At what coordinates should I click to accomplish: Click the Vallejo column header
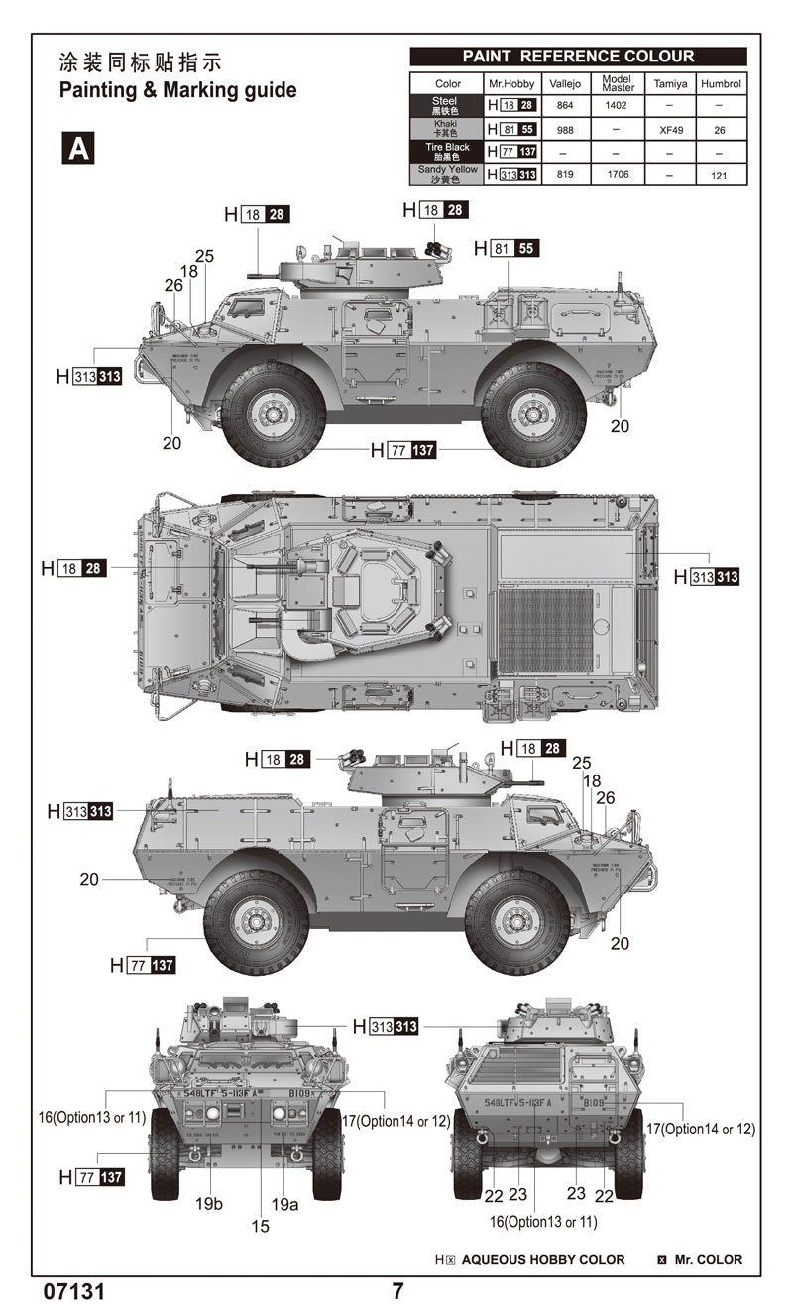click(x=564, y=84)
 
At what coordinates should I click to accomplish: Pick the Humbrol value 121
click(x=721, y=175)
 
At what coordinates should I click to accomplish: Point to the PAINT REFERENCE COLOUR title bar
click(x=578, y=57)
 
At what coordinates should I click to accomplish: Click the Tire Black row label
click(x=447, y=151)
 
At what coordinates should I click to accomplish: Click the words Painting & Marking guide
click(x=177, y=90)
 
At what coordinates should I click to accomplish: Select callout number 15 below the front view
click(x=260, y=1226)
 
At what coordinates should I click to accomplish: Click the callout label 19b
click(x=209, y=1204)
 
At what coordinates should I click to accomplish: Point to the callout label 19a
click(x=284, y=1204)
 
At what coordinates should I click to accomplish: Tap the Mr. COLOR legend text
click(x=708, y=1259)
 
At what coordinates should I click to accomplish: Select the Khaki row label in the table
click(x=447, y=129)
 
